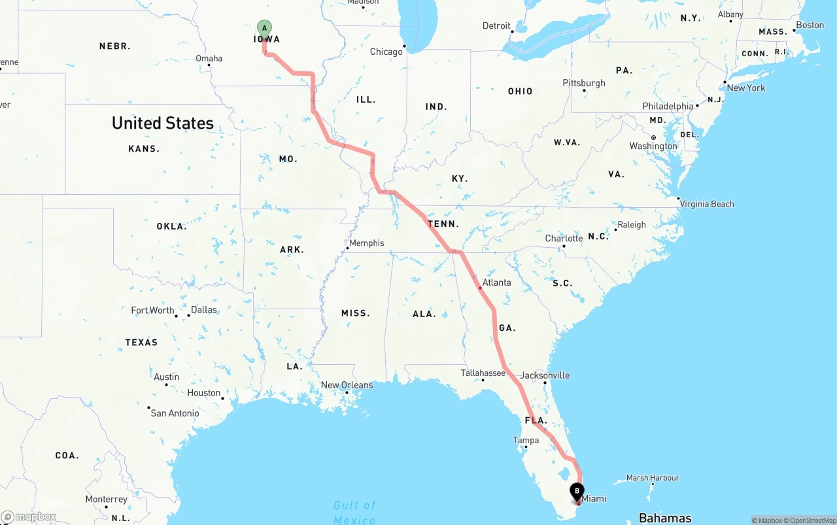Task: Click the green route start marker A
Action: pos(264,27)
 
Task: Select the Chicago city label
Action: pos(386,52)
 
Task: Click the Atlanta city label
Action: pos(496,282)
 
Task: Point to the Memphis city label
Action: pos(366,243)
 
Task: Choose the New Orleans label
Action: pos(347,385)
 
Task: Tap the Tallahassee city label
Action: pos(483,373)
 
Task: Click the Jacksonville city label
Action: pos(545,375)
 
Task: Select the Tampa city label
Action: pos(526,440)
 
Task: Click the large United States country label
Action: pos(163,123)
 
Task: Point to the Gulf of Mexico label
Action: pos(354,512)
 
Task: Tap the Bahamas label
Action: pos(665,518)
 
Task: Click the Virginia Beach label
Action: pos(707,204)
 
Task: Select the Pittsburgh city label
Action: pos(584,83)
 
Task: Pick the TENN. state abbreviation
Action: pos(443,224)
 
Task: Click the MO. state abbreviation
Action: pos(288,159)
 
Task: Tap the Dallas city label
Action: pos(203,310)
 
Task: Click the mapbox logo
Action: pos(29,517)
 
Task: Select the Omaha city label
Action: pos(209,58)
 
